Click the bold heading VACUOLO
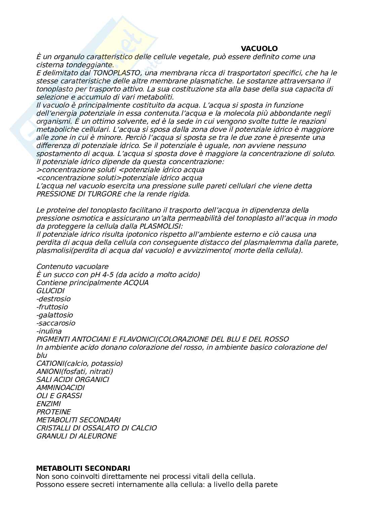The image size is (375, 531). pos(259,49)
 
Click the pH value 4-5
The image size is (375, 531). pos(106,275)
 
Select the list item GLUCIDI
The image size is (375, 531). pos(50,291)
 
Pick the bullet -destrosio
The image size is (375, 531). pos(53,299)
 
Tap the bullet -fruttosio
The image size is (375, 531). pos(52,307)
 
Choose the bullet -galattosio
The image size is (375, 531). pos(54,315)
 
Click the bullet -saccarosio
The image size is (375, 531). pos(56,323)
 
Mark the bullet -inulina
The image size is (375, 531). pos(49,331)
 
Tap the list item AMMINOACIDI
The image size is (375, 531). pos(60,388)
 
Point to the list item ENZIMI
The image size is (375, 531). pos(48,404)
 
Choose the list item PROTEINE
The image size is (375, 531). pos(53,412)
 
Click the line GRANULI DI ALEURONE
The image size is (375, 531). pos(77,436)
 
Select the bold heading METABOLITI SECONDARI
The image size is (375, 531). pos(83,468)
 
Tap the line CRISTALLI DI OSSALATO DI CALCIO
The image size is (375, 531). pos(96,428)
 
